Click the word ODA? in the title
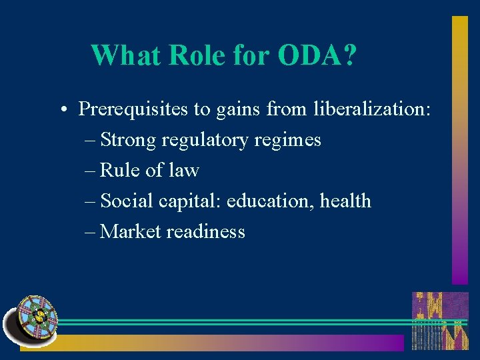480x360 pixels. (317, 55)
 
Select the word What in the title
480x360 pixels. (126, 55)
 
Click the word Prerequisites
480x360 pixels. (134, 109)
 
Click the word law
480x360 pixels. (183, 171)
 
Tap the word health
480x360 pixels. (345, 201)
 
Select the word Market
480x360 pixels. (131, 231)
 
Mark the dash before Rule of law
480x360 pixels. (91, 171)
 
